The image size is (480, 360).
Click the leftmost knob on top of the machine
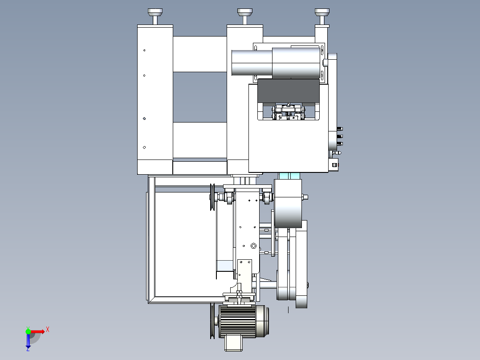click(x=155, y=16)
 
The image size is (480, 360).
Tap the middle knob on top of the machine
click(x=245, y=16)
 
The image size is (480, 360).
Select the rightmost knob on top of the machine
click(x=322, y=16)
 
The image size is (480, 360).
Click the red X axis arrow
click(x=37, y=331)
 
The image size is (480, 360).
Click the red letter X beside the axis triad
click(x=48, y=330)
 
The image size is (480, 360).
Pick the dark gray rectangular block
click(x=289, y=91)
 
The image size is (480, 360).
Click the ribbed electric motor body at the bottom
click(x=238, y=321)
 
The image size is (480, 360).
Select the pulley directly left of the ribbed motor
click(x=212, y=321)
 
